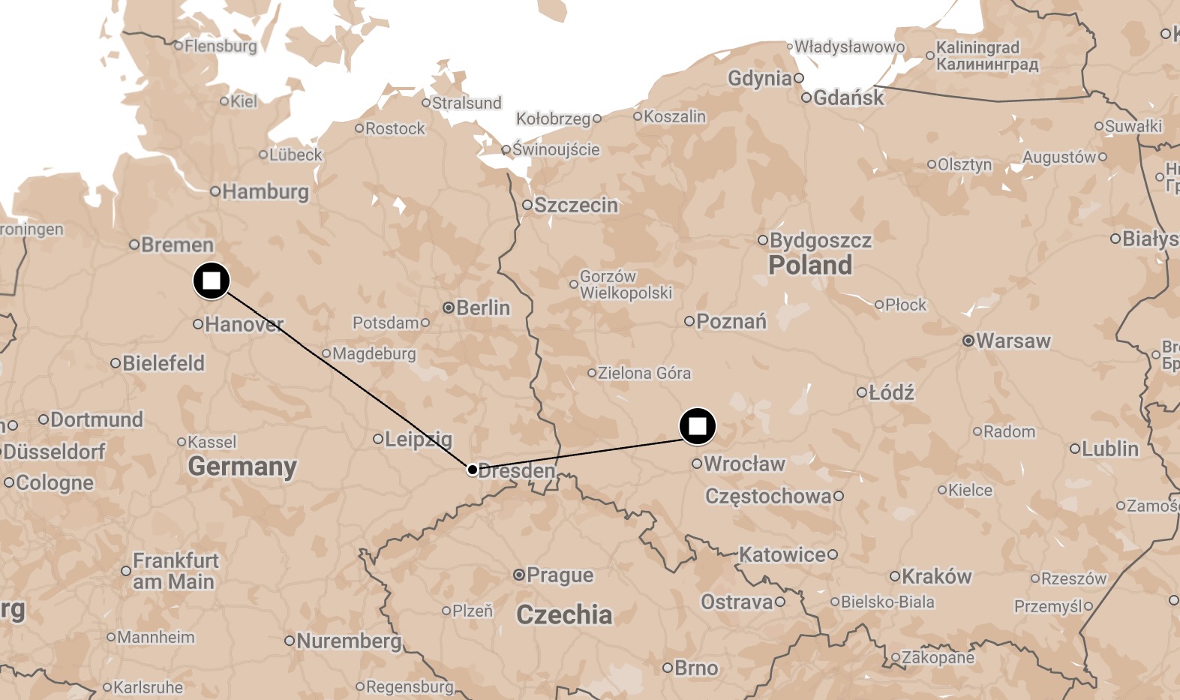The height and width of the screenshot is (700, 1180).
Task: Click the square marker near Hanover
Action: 212,281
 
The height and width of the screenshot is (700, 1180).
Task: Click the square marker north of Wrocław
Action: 698,426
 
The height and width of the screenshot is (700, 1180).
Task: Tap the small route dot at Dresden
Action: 473,470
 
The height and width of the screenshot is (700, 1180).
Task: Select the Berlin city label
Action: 482,308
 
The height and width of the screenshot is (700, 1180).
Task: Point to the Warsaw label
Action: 1013,341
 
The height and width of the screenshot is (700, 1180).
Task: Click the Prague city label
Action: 560,575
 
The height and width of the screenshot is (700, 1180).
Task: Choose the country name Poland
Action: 810,265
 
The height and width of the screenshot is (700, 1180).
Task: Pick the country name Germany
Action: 242,466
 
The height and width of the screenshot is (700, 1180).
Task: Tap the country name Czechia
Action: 564,614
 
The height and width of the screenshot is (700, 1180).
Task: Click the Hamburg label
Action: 265,191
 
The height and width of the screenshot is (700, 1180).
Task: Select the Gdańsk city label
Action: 848,98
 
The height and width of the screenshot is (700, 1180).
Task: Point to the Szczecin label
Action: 575,205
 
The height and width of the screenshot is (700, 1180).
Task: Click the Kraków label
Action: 936,576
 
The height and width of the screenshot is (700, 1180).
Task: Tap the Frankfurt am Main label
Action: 175,571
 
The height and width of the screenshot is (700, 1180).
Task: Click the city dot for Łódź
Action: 862,392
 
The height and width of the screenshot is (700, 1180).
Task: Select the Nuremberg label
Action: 349,641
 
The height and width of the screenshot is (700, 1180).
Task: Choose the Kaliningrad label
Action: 977,47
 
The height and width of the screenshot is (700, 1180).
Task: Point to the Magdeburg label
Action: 374,353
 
